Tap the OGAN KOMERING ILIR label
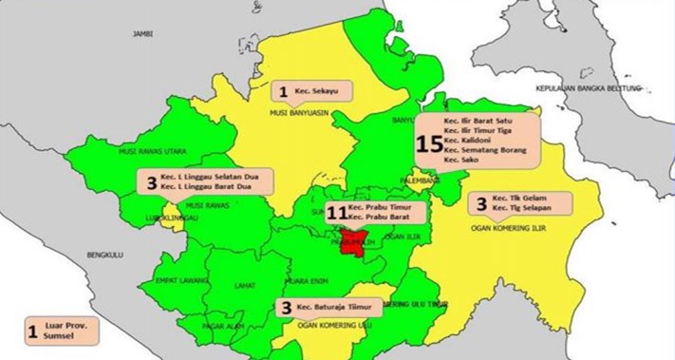pyautogui.click(x=511, y=228)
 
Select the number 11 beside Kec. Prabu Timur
pyautogui.click(x=333, y=214)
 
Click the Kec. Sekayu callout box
pyautogui.click(x=312, y=91)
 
